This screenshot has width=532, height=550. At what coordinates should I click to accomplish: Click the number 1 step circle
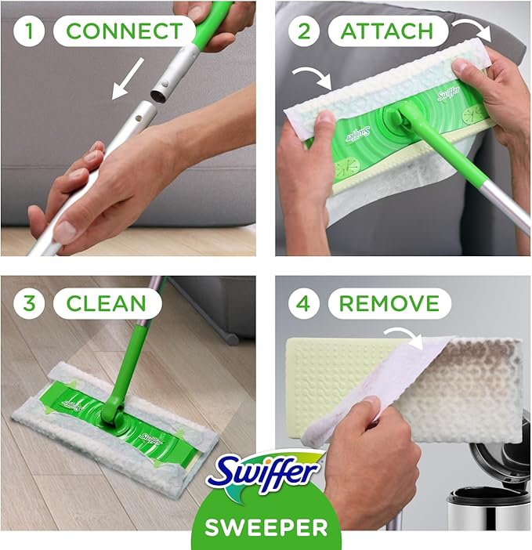[29, 31]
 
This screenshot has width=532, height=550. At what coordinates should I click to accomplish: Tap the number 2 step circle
[304, 31]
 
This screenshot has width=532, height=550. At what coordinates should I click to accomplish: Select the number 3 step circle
[29, 303]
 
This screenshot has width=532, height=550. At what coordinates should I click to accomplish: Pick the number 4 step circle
[304, 303]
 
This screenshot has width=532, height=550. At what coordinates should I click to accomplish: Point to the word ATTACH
[387, 31]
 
